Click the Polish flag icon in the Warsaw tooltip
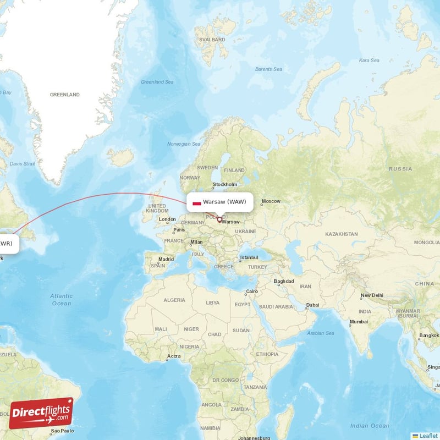click(x=196, y=202)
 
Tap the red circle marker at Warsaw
click(x=219, y=220)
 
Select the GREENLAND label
click(x=64, y=95)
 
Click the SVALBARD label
click(x=213, y=40)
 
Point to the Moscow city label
click(x=271, y=201)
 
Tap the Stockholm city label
click(x=225, y=184)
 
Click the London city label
click(x=167, y=219)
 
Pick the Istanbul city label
click(x=249, y=257)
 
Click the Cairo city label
click(x=252, y=291)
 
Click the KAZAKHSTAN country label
click(x=341, y=234)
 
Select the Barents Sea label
click(x=268, y=69)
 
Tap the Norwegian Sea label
click(x=184, y=144)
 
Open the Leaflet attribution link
click(x=427, y=435)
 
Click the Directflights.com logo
click(x=41, y=413)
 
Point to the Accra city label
click(x=174, y=356)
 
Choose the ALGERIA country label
click(x=174, y=300)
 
